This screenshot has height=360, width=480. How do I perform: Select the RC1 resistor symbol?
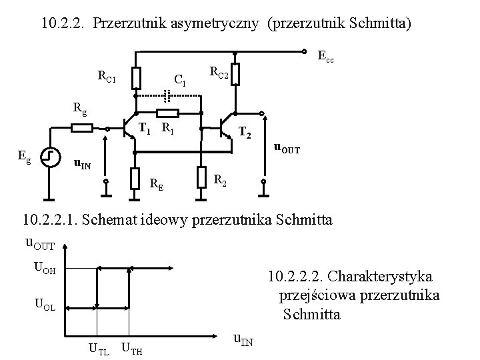click(135, 77)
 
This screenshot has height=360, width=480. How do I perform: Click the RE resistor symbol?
click(135, 177)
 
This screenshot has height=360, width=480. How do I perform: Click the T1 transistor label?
click(144, 129)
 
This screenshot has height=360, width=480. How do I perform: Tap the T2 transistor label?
click(245, 134)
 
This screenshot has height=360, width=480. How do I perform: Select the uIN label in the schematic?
click(82, 163)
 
